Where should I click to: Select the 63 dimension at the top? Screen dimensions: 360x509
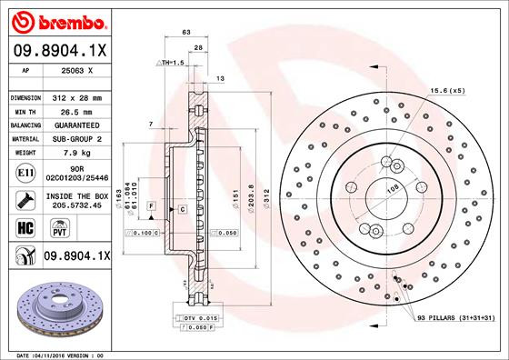[x=187, y=32]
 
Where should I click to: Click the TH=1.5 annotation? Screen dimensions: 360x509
[x=172, y=62]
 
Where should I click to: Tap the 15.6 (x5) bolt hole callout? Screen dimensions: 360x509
[x=446, y=90]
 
